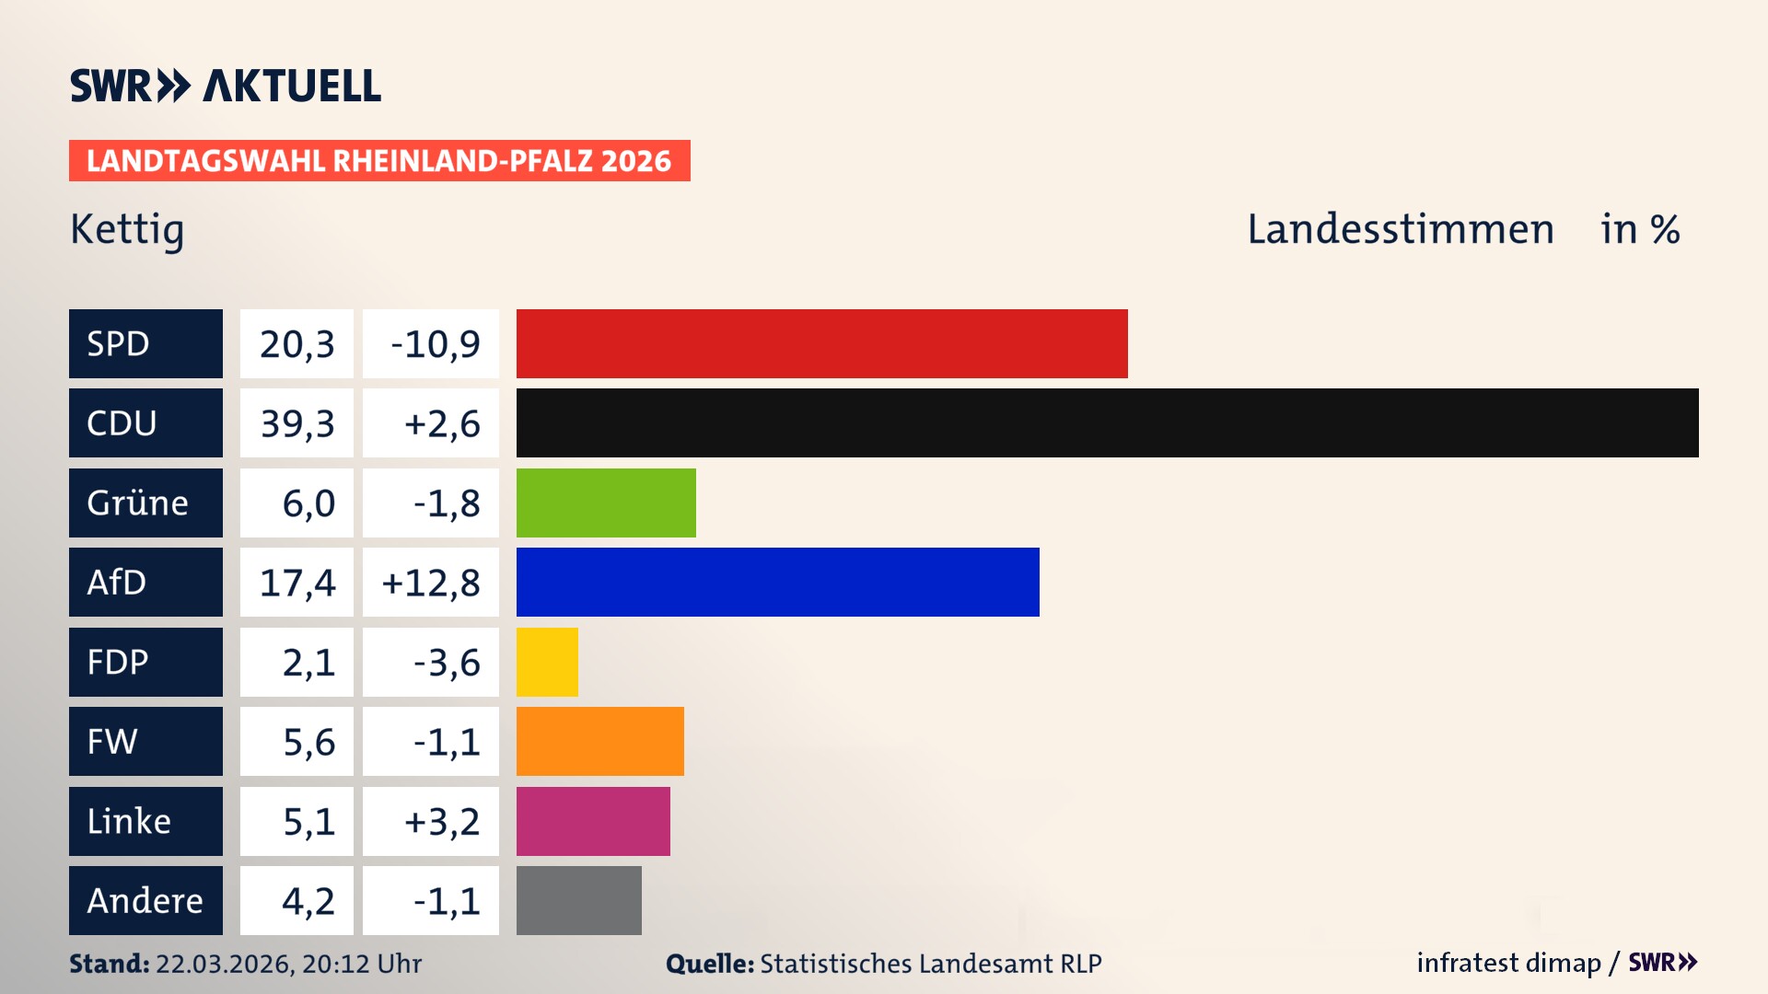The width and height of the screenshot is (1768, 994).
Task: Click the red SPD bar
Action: (x=821, y=343)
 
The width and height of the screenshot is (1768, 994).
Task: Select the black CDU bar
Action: (x=1107, y=422)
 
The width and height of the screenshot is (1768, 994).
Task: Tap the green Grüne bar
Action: (x=606, y=503)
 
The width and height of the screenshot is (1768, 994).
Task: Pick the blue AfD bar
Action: (x=777, y=582)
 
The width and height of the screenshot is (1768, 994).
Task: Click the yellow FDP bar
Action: (x=547, y=662)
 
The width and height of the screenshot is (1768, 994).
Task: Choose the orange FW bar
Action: (x=599, y=741)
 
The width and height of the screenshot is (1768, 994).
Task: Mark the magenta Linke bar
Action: (x=593, y=821)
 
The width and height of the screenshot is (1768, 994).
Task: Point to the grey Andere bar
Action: (x=578, y=900)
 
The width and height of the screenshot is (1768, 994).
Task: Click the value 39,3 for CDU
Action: (x=297, y=423)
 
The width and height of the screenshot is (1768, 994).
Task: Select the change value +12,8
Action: (x=431, y=583)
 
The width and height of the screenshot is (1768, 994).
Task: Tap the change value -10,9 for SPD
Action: (x=435, y=344)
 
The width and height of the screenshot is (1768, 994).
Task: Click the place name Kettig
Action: (x=127, y=229)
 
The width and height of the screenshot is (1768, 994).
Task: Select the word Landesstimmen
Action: (x=1400, y=229)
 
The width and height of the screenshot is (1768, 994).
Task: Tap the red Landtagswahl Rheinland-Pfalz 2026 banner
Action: (x=378, y=161)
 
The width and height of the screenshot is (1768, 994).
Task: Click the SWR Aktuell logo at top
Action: (x=225, y=86)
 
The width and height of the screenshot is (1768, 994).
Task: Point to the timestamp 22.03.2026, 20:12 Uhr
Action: (x=288, y=964)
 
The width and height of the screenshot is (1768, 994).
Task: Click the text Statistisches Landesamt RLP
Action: (x=930, y=964)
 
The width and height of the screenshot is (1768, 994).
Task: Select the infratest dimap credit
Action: (x=1507, y=963)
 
